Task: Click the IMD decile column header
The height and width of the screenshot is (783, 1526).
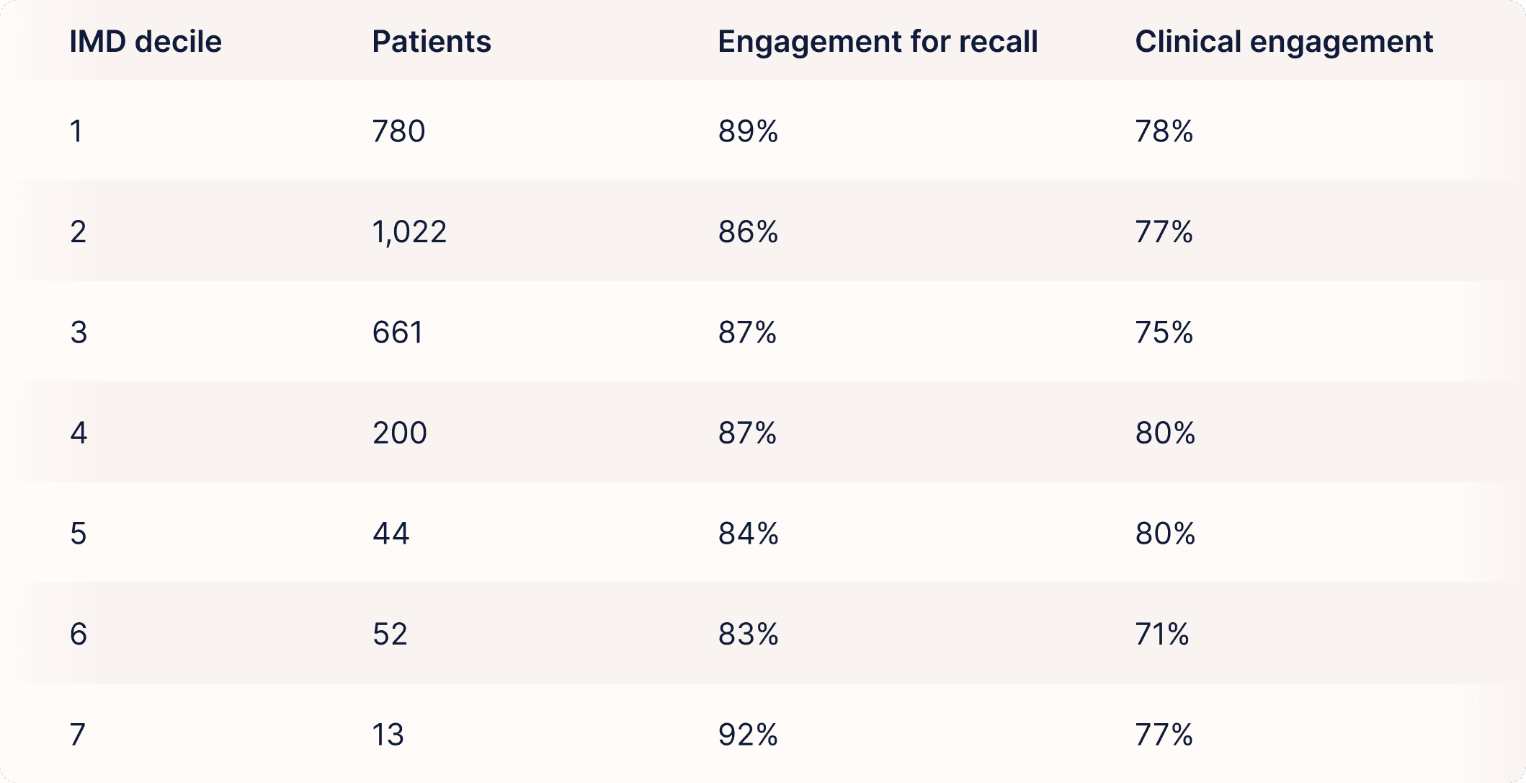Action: (x=146, y=42)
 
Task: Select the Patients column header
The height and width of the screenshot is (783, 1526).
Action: (x=432, y=42)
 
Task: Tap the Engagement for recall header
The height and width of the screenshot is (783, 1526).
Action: (x=878, y=43)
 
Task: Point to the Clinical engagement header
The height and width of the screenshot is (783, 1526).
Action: (x=1284, y=43)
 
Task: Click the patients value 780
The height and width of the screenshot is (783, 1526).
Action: (x=398, y=131)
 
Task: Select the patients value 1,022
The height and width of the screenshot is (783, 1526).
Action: (x=409, y=232)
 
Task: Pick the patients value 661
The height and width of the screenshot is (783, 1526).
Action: (x=398, y=332)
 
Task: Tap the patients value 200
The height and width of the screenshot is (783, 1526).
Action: (x=400, y=433)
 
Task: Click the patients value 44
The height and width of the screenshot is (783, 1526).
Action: (x=391, y=534)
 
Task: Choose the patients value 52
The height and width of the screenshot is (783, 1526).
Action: (x=390, y=634)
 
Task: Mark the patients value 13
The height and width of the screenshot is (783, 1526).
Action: (x=388, y=735)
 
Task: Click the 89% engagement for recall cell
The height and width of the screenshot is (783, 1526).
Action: (x=748, y=131)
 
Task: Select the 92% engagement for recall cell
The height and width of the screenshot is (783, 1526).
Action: (x=748, y=735)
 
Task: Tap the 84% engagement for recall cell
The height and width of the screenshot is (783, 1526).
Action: (x=748, y=534)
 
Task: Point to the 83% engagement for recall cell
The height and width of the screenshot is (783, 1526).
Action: (x=748, y=634)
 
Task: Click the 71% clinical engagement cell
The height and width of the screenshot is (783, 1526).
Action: (x=1162, y=634)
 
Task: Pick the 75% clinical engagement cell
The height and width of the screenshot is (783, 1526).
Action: (x=1164, y=332)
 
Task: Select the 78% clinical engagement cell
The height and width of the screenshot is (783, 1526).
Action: (x=1164, y=131)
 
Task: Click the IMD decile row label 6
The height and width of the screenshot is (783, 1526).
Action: (x=78, y=634)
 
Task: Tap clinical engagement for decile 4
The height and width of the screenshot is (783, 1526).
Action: (x=1165, y=433)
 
